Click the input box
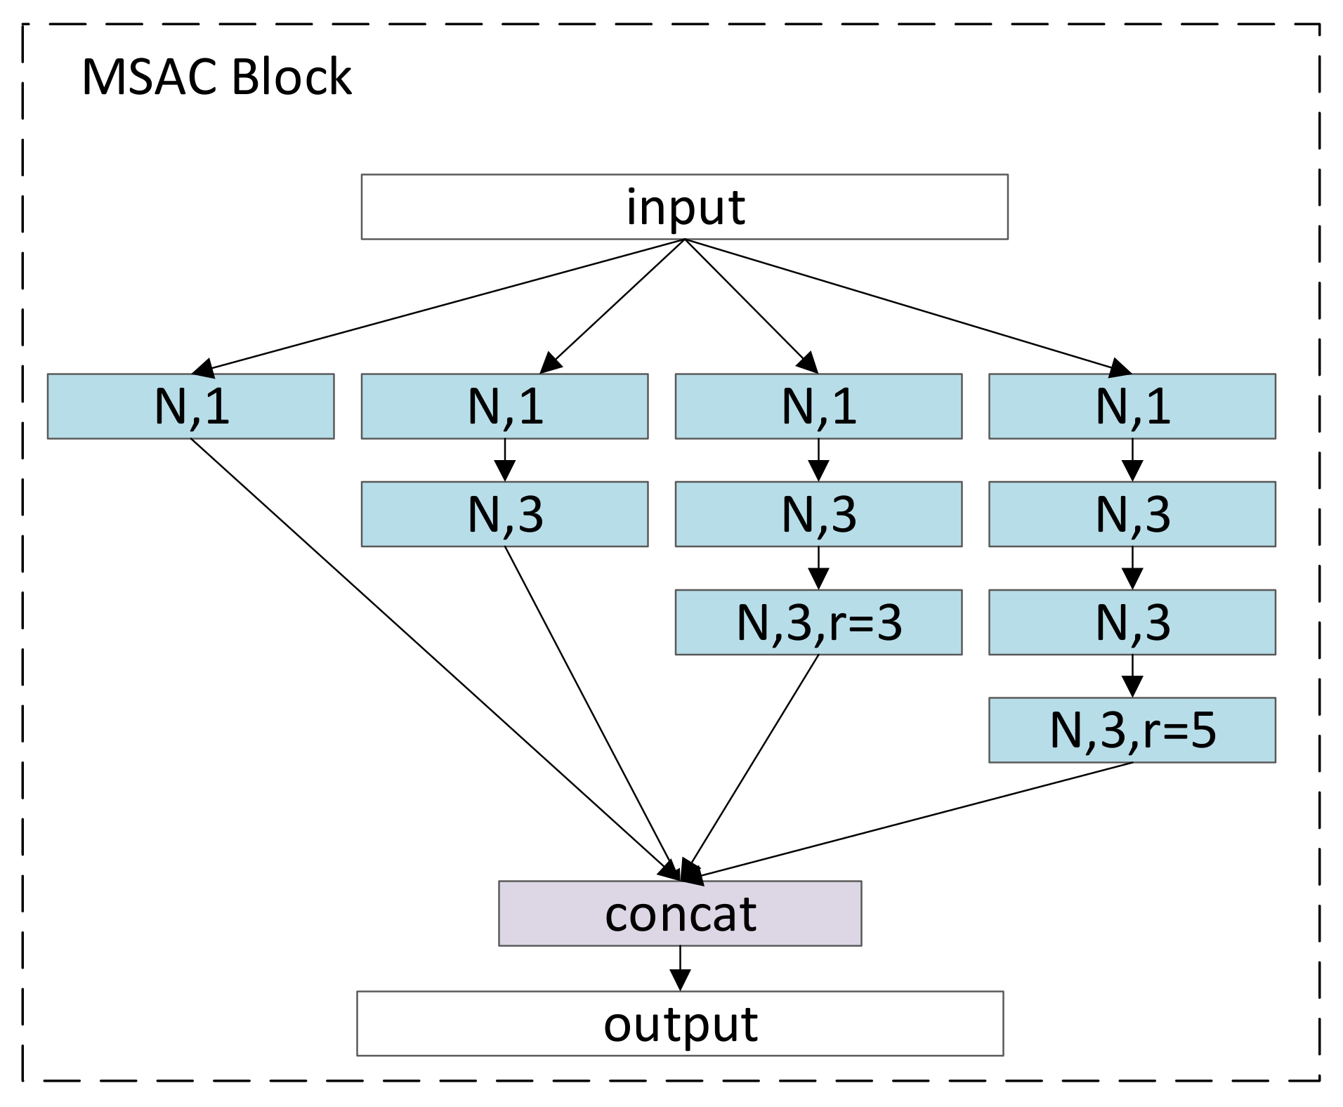coord(684,207)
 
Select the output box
coord(679,1023)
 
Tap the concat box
coord(679,913)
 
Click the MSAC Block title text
coord(216,77)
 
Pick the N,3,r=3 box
coord(818,622)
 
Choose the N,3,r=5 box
coord(1132,730)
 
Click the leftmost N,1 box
coord(190,406)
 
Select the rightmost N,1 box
coord(1132,406)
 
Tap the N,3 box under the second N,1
coord(504,514)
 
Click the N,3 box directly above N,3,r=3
coord(818,514)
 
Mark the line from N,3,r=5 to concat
coord(913,820)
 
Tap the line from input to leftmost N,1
coord(443,305)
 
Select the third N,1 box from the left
coord(818,406)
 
